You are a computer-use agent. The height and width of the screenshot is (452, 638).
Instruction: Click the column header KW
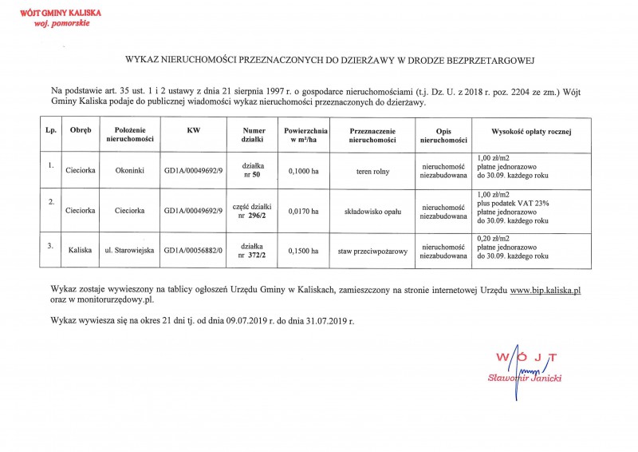point(193,129)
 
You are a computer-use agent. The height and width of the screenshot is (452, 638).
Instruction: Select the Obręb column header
point(81,129)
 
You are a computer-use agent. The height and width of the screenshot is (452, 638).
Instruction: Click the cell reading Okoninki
point(129,169)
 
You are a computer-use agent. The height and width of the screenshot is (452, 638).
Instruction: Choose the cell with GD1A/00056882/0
point(194,252)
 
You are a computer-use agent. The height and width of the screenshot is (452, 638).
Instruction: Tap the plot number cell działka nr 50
point(251,169)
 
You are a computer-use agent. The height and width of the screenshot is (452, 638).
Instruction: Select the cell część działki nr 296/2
point(251,210)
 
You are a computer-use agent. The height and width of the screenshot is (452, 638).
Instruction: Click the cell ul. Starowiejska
point(129,252)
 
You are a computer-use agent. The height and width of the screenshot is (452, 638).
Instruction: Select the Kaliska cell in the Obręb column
point(81,252)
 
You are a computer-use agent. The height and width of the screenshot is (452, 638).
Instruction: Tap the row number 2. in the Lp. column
point(50,201)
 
